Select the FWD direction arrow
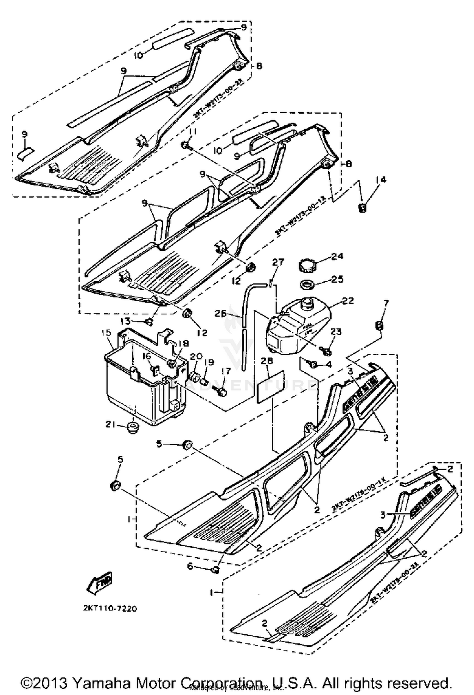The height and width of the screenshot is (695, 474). tap(100, 580)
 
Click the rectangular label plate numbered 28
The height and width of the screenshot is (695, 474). tap(270, 387)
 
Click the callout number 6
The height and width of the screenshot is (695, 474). tap(190, 566)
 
